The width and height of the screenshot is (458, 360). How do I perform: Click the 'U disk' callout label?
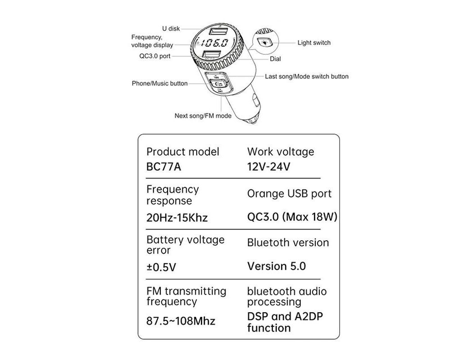(171, 29)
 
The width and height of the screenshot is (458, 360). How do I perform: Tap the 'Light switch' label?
(314, 43)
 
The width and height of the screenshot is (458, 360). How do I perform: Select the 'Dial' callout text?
(276, 59)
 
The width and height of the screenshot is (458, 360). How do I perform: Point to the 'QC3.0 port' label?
(155, 56)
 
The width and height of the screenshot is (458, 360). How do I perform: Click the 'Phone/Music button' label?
(159, 83)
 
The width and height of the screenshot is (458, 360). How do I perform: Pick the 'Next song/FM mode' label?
(203, 116)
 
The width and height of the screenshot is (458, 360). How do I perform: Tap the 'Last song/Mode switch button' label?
(306, 76)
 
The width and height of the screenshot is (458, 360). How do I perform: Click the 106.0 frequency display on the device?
(214, 44)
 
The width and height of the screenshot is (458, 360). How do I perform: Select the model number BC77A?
(164, 166)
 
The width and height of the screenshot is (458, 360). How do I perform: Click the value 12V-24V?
(269, 166)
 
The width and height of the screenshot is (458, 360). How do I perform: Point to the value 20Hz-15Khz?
(177, 218)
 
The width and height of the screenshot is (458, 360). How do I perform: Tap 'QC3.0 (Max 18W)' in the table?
(292, 217)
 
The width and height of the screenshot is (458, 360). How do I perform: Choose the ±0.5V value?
(161, 267)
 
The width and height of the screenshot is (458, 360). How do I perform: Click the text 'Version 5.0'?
(276, 266)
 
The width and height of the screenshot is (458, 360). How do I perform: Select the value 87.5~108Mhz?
(181, 321)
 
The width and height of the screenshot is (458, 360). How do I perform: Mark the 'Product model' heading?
(183, 152)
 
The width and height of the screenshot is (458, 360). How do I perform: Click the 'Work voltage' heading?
(281, 152)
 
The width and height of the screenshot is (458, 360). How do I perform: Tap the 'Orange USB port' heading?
(289, 194)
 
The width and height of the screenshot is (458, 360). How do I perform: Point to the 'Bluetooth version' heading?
(288, 243)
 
